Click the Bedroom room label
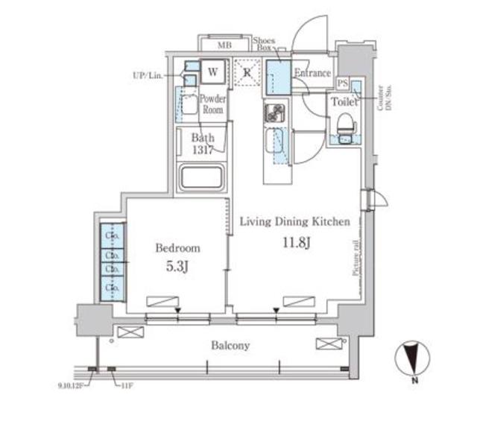(x=177, y=247)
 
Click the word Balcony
(x=229, y=345)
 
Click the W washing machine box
(x=212, y=72)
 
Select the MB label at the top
(x=224, y=45)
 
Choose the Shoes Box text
(x=264, y=42)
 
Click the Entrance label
(x=312, y=73)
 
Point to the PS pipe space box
(x=342, y=83)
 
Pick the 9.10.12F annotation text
(x=72, y=385)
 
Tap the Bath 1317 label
(x=202, y=143)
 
